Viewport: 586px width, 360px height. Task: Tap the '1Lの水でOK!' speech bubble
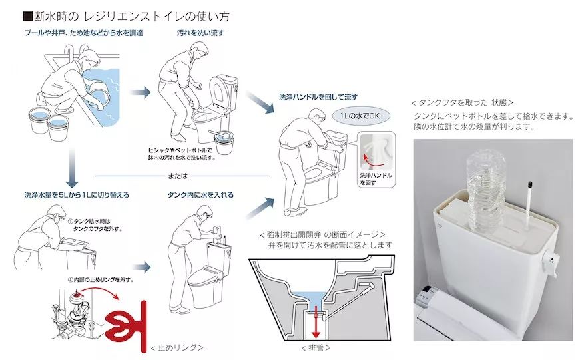[361, 116]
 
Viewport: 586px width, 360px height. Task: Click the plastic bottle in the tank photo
[486, 190]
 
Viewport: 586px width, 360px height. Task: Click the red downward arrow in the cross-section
[316, 322]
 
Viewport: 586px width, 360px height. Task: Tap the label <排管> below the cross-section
[316, 348]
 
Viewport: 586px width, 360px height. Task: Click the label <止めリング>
[176, 348]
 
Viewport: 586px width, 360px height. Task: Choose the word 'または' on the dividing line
[178, 176]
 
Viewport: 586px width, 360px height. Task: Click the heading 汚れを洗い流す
[200, 33]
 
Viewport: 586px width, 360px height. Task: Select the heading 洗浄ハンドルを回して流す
[318, 97]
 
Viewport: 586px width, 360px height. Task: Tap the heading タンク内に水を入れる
[200, 194]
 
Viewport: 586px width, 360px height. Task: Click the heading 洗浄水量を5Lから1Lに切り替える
[77, 194]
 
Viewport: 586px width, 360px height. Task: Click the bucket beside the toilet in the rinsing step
[224, 142]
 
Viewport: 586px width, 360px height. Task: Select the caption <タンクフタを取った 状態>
[462, 102]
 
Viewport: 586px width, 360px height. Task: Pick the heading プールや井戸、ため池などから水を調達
[84, 33]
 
